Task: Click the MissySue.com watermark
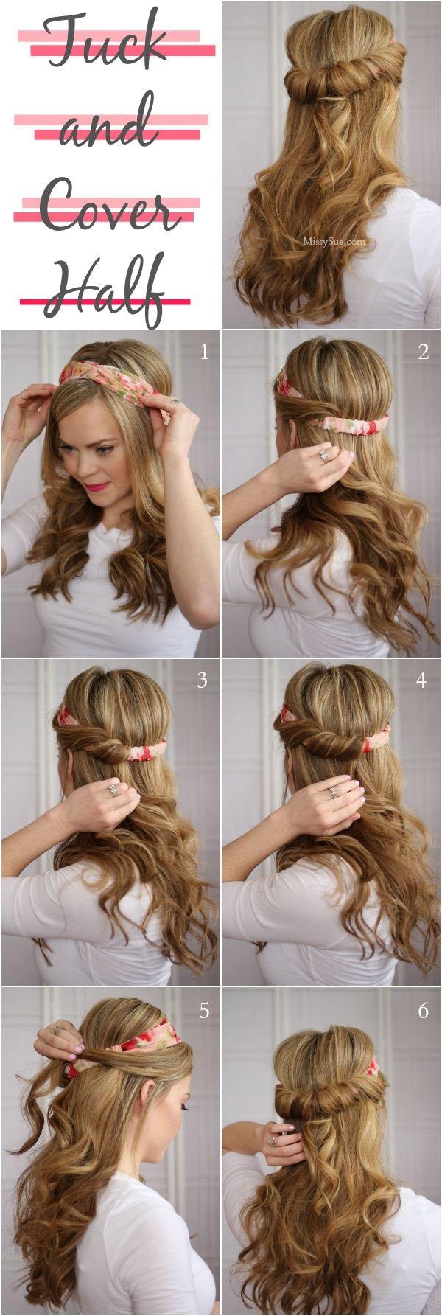[334, 240]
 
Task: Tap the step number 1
[204, 352]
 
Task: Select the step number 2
[423, 352]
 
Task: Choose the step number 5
[204, 1010]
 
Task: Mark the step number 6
[423, 1010]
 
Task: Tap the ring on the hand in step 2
[324, 456]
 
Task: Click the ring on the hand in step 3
[113, 790]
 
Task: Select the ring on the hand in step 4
[334, 791]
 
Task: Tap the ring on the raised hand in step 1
[175, 401]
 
